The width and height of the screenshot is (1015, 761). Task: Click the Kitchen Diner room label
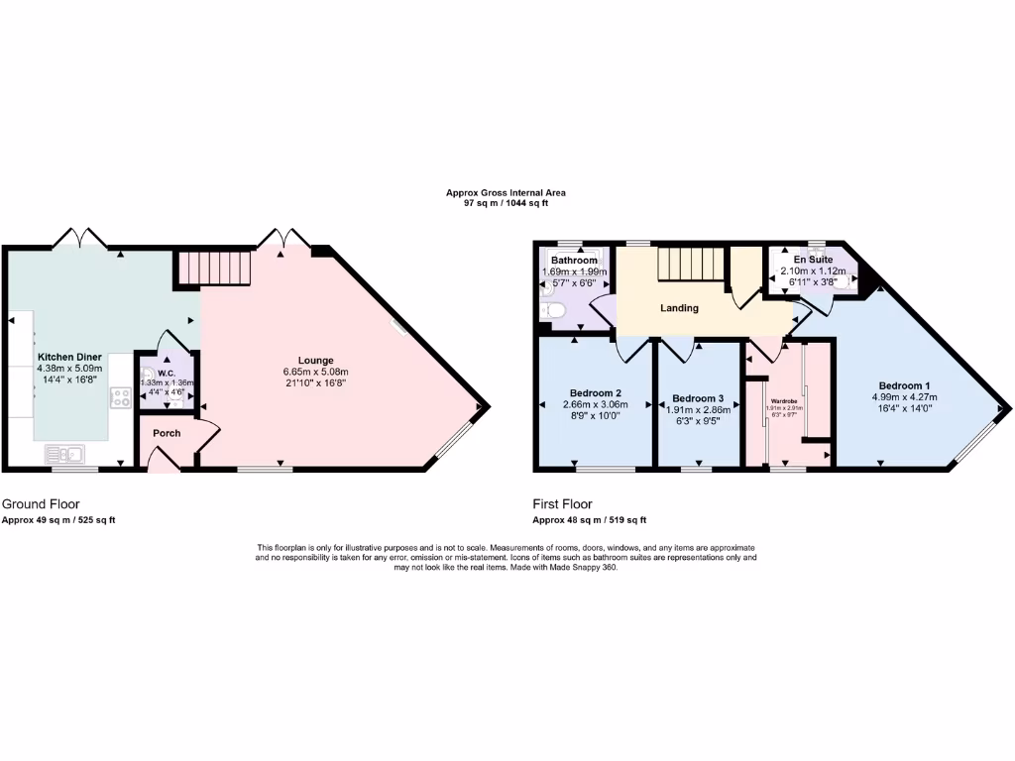pos(64,356)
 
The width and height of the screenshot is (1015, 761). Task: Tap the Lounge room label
pos(316,360)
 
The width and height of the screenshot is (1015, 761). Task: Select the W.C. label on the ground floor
pos(167,374)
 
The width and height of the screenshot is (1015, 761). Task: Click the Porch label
pos(167,433)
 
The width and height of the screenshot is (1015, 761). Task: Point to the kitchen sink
pos(64,454)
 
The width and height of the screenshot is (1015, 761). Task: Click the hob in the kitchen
pos(122,397)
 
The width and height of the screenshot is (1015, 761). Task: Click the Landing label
pos(679,308)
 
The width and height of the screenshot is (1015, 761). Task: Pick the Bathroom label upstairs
pos(574,261)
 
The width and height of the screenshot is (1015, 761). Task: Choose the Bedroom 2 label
pos(595,391)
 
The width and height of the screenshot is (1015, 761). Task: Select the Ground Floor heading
pos(41,504)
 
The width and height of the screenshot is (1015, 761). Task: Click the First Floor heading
pos(562,504)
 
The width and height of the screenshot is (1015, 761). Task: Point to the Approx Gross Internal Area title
pos(506,193)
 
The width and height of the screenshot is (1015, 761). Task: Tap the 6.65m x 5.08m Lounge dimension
pos(316,372)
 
